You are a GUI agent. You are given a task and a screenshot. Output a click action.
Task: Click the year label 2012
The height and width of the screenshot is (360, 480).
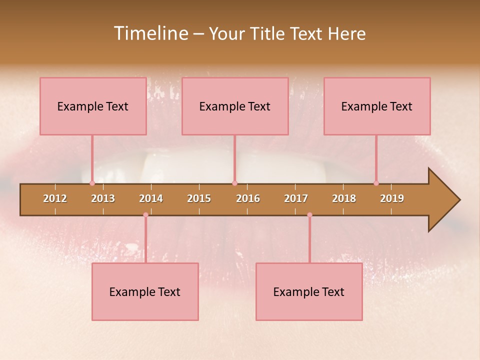55,198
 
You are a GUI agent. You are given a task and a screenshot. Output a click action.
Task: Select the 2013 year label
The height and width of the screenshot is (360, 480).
103,198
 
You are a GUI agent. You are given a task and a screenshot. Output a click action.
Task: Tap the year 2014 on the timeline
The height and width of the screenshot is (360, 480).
151,198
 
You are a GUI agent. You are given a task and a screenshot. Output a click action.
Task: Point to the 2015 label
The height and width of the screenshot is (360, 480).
199,198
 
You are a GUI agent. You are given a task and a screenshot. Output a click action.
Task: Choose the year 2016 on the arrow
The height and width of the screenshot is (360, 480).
248,198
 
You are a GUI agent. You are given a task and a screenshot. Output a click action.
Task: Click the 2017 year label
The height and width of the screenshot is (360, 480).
296,198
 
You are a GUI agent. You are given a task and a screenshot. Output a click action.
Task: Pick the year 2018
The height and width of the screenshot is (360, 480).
344,198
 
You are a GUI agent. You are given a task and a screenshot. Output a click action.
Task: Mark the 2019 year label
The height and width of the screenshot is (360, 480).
392,198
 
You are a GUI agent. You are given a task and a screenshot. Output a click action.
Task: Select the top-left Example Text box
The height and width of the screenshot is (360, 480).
93,106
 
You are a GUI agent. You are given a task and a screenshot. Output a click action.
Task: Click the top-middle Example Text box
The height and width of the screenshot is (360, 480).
235,106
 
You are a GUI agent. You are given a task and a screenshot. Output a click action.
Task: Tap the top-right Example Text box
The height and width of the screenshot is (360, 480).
377,106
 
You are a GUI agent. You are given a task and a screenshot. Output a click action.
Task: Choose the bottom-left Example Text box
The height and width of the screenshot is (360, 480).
145,291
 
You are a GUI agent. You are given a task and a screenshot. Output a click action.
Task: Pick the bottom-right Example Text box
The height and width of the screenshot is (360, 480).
309,291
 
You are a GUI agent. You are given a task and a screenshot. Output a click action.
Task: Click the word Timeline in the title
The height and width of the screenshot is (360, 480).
150,33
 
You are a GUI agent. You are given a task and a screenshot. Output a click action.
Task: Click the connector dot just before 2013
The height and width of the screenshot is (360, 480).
92,183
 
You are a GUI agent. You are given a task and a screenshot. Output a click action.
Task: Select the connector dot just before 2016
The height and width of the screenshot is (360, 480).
234,183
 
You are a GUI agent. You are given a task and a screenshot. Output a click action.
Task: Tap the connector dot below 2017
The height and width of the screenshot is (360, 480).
309,215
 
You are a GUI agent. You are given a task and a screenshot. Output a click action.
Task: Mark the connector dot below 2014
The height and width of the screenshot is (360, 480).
145,215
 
